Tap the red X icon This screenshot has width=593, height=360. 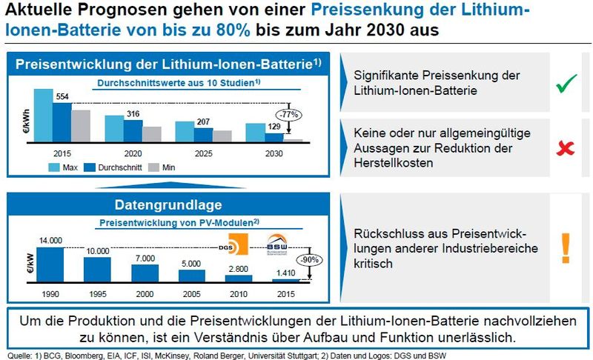tap(566, 147)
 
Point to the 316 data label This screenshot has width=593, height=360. tap(133, 113)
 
